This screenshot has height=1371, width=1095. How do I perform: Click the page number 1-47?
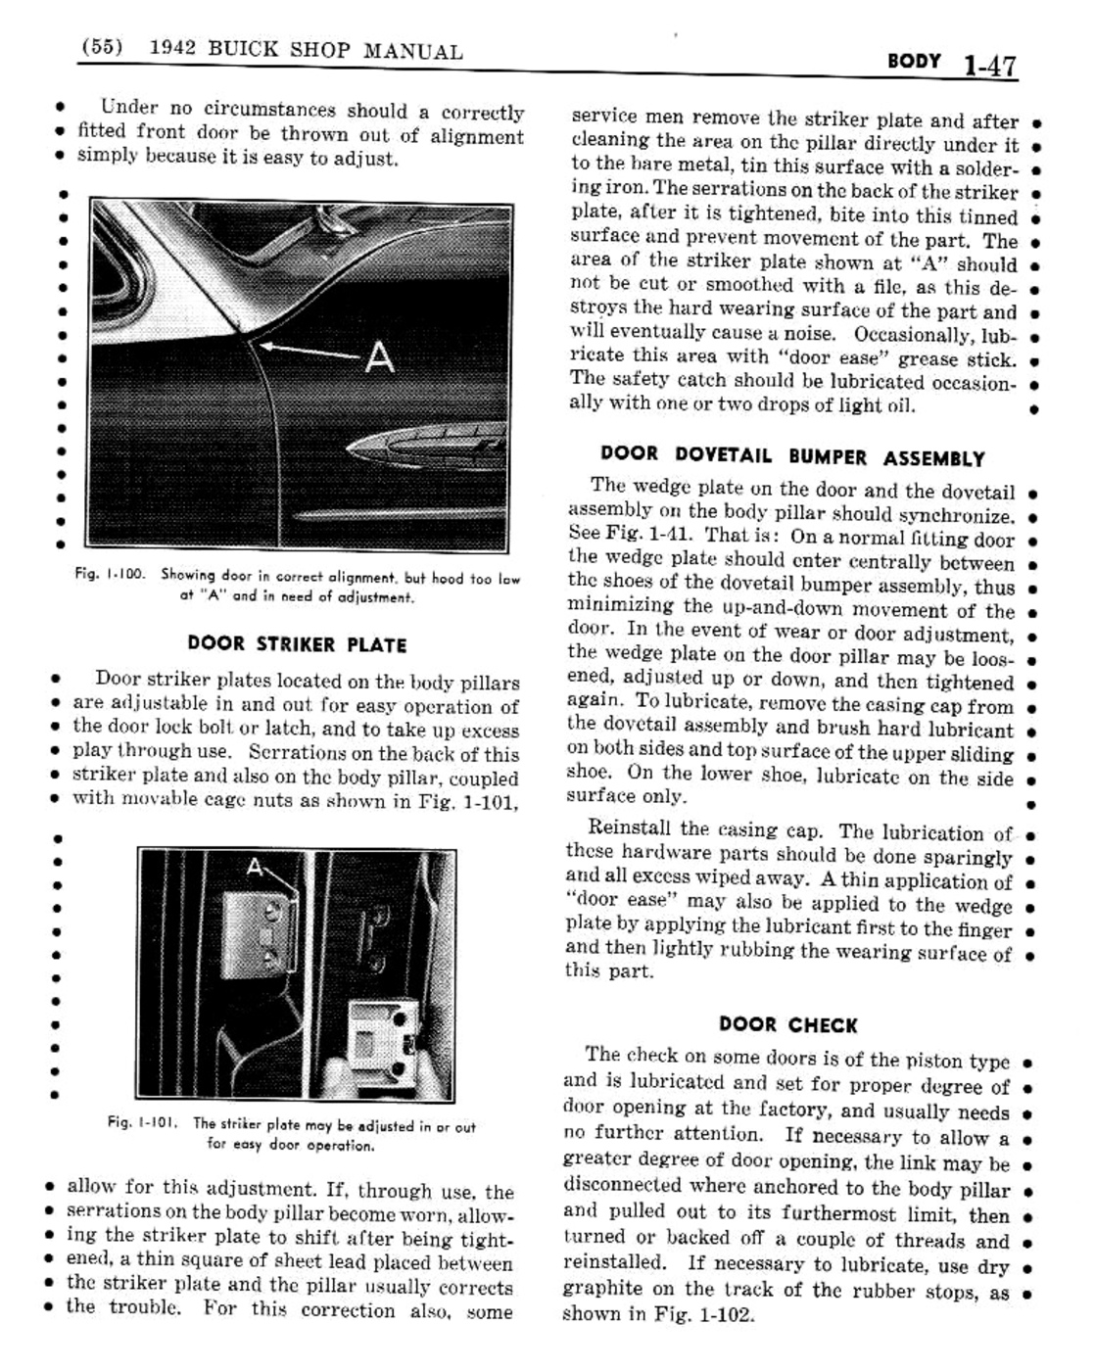[989, 67]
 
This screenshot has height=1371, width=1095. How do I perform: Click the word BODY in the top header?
[913, 62]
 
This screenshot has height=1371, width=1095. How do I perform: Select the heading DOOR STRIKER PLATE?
[297, 644]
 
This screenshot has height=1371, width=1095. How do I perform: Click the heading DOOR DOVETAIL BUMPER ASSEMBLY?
[791, 456]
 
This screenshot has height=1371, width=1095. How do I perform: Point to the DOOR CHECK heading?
[787, 1025]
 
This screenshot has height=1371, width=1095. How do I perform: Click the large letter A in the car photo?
[379, 356]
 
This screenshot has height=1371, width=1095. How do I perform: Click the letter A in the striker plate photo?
[255, 867]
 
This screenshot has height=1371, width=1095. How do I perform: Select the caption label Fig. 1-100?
[110, 576]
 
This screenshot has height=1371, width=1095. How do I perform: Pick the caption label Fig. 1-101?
[142, 1126]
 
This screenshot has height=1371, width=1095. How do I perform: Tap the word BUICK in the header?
[239, 50]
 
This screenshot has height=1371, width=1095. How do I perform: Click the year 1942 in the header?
[170, 49]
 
